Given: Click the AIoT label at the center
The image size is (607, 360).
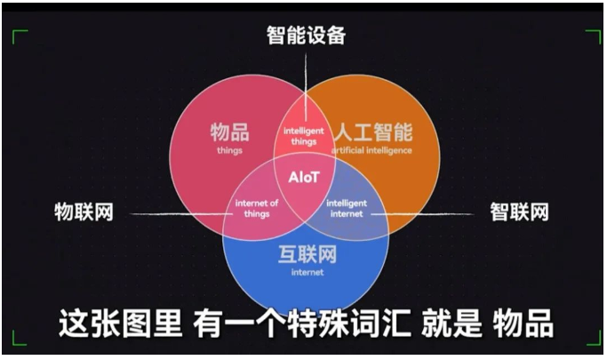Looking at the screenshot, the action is pyautogui.click(x=304, y=177).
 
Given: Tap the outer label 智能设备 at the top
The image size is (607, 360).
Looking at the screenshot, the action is pyautogui.click(x=306, y=36).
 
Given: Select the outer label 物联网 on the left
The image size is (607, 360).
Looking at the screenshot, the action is pyautogui.click(x=84, y=212).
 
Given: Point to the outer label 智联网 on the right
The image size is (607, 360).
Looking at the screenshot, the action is pyautogui.click(x=520, y=212).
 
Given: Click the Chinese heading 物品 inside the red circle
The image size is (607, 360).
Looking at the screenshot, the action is pyautogui.click(x=230, y=132).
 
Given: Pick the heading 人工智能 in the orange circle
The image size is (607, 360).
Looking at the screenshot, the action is pyautogui.click(x=373, y=132).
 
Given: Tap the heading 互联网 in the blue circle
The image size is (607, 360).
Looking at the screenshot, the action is pyautogui.click(x=307, y=254).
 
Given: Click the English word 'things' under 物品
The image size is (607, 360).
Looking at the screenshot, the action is pyautogui.click(x=229, y=150).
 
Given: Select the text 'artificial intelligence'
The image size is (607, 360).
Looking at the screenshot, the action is pyautogui.click(x=371, y=150).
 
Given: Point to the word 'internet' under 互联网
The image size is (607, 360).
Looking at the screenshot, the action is pyautogui.click(x=307, y=272).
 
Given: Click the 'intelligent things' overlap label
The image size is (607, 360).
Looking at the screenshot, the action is pyautogui.click(x=304, y=136).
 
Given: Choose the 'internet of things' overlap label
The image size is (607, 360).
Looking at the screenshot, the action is pyautogui.click(x=257, y=208).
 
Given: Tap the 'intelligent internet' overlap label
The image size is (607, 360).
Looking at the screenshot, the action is pyautogui.click(x=347, y=208).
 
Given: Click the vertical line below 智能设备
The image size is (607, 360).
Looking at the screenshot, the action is pyautogui.click(x=306, y=87).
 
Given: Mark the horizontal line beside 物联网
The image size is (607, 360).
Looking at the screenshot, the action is pyautogui.click(x=181, y=214).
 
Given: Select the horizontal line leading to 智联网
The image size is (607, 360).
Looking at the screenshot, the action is pyautogui.click(x=422, y=213).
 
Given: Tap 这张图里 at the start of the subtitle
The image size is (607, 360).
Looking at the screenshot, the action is pyautogui.click(x=120, y=324).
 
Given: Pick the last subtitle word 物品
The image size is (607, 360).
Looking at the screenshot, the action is pyautogui.click(x=523, y=324).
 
